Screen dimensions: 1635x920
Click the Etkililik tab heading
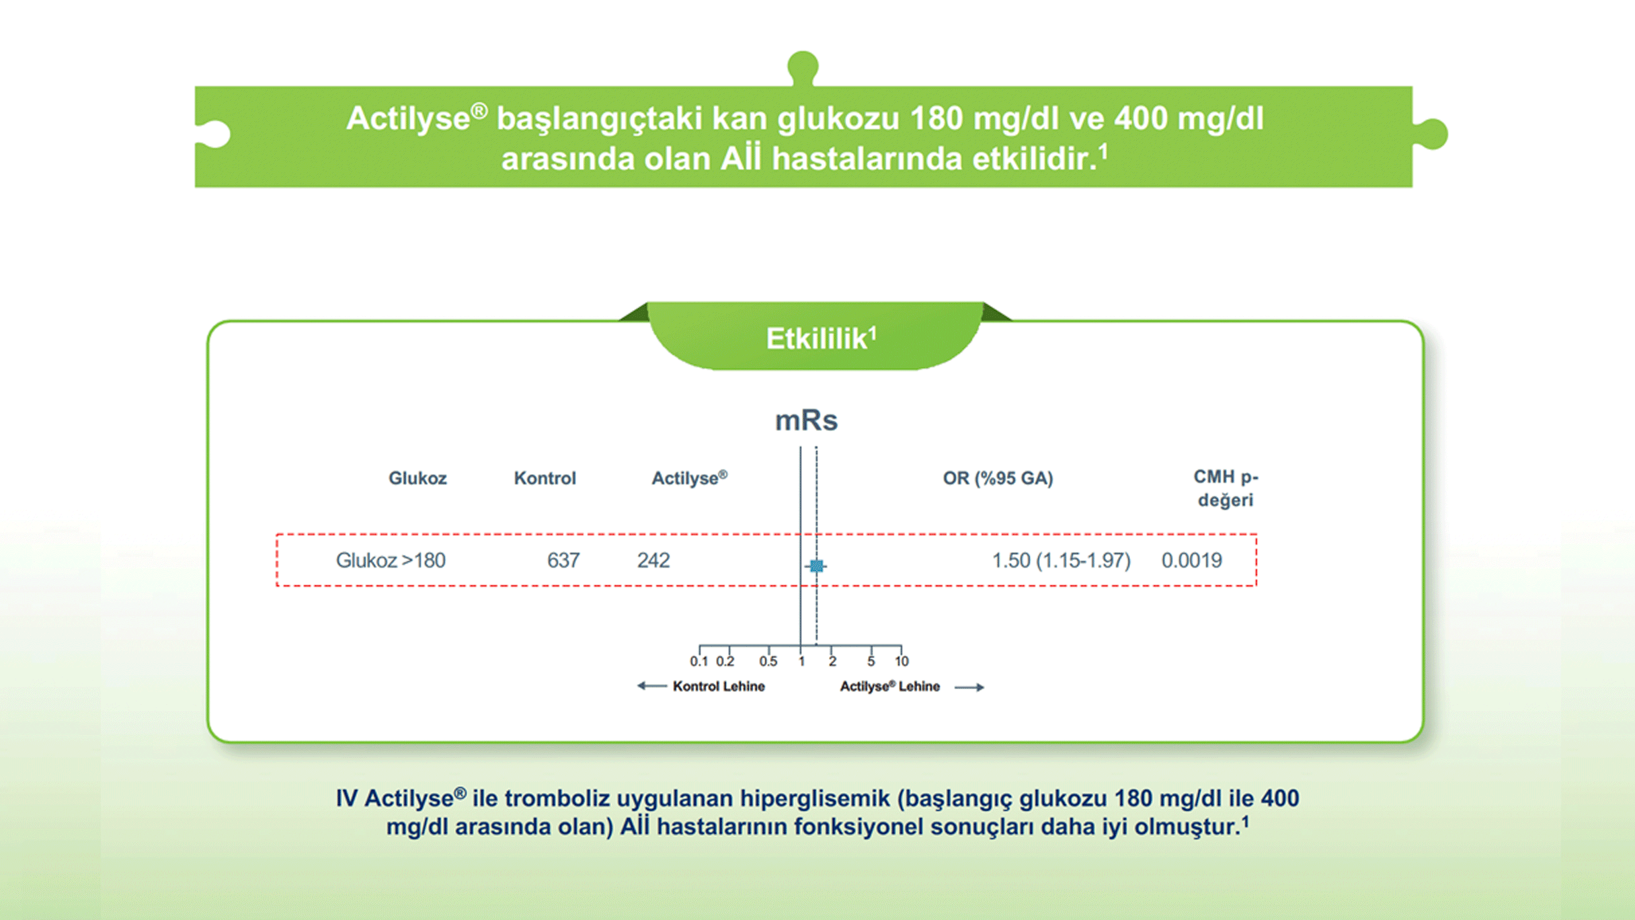tap(821, 338)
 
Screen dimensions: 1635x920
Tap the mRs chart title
tap(807, 420)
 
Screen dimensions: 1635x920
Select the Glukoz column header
tap(417, 478)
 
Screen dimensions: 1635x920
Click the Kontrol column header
tap(545, 478)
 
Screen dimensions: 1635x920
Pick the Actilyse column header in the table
tap(690, 478)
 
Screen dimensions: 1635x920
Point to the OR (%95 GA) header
tap(998, 478)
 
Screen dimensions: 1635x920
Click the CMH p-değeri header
tap(1226, 488)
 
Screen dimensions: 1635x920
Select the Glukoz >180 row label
tap(391, 560)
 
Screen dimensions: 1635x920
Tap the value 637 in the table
tap(563, 560)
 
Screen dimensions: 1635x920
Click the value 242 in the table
tap(653, 560)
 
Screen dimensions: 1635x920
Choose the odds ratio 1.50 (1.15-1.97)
tap(1062, 560)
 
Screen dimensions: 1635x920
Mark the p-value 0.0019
tap(1192, 560)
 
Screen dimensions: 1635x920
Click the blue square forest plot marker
tap(816, 566)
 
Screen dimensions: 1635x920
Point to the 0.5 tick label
tap(768, 662)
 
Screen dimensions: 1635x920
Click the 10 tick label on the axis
tap(902, 662)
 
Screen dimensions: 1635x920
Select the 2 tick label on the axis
tap(832, 662)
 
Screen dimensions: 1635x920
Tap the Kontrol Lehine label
tap(719, 687)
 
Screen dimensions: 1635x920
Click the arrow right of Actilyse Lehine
tap(969, 687)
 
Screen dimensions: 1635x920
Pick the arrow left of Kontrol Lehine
tap(651, 686)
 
